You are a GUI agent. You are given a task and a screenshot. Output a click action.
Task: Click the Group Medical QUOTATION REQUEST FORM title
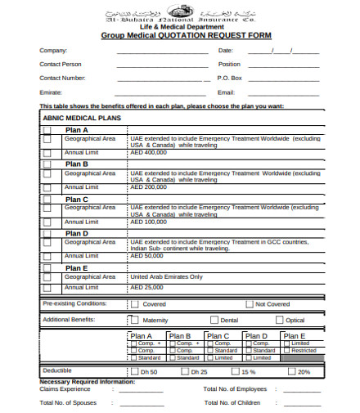point(186,36)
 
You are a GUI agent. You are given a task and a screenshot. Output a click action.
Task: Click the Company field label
point(54,51)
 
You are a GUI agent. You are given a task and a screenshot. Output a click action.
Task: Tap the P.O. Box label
point(230,78)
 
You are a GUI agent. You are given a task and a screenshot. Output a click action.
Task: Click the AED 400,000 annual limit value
point(149,152)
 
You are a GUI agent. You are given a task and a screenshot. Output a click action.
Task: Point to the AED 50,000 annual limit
point(147,256)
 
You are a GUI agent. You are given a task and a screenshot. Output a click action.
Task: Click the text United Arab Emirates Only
point(167,276)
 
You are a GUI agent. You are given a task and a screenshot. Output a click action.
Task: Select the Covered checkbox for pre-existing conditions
point(135,304)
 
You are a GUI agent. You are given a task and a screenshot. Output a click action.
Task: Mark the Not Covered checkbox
point(248,304)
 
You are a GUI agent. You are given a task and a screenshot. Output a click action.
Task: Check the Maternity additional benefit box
point(133,320)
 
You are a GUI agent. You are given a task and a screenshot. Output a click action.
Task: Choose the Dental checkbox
point(214,320)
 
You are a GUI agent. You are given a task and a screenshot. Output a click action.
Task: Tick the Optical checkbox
point(279,320)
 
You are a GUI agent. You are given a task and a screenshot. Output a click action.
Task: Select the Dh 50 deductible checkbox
point(133,371)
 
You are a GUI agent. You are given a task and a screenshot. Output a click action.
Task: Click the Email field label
point(226,92)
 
